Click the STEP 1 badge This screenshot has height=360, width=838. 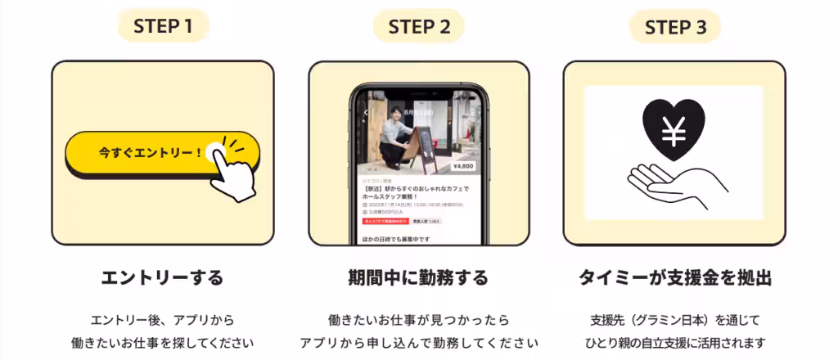tap(163, 26)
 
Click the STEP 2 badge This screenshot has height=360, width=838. tap(419, 26)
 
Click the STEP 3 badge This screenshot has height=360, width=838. tap(675, 27)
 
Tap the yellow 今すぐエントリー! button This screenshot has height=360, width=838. tap(151, 153)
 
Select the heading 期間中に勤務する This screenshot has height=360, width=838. tap(418, 277)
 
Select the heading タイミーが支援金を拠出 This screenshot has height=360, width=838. tap(674, 277)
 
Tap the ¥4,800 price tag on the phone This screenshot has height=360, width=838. tap(462, 166)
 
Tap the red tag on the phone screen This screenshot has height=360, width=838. tap(385, 221)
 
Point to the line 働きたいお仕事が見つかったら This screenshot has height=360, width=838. tap(418, 319)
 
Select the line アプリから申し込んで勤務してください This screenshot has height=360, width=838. tap(418, 342)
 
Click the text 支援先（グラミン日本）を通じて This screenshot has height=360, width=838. tap(674, 319)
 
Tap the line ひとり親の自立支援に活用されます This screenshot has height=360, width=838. tap(674, 342)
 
